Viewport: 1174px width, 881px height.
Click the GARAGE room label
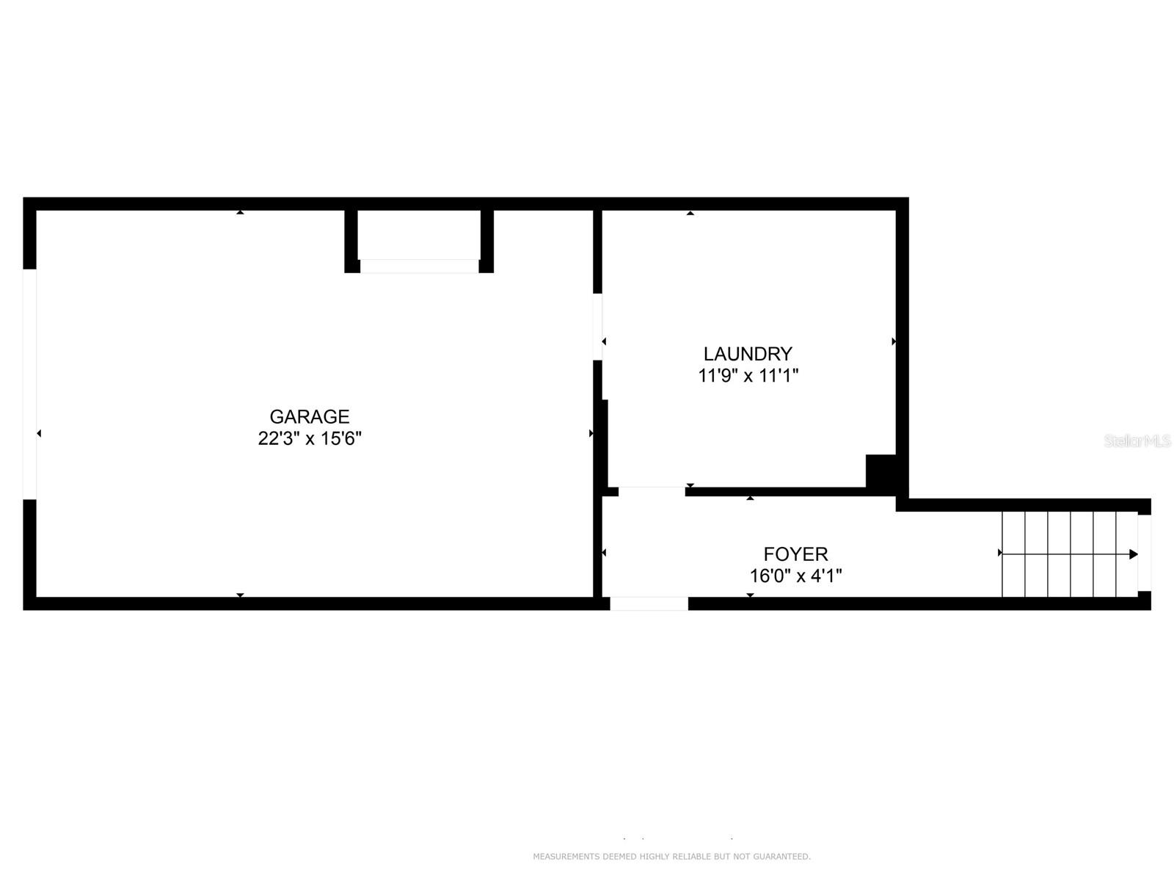point(309,417)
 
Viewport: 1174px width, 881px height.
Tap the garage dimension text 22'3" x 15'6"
point(309,439)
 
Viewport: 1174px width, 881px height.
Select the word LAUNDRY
point(748,354)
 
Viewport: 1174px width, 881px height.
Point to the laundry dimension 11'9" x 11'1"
point(748,376)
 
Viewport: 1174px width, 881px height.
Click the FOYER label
point(795,554)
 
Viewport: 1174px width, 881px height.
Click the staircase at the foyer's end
point(1069,554)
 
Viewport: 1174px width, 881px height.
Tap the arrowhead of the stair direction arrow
point(1134,554)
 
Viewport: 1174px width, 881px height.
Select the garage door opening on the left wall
point(29,384)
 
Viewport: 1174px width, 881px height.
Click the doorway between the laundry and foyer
point(652,491)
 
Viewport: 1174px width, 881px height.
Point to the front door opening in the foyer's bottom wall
point(649,603)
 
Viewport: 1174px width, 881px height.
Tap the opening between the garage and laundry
point(597,327)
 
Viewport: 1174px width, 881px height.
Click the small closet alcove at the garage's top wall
point(419,235)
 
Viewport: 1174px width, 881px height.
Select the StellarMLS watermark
point(1137,441)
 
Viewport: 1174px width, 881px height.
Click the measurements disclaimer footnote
point(671,857)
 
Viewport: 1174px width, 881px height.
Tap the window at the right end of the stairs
point(1144,553)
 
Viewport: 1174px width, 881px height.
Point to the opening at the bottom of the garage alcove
point(419,267)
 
